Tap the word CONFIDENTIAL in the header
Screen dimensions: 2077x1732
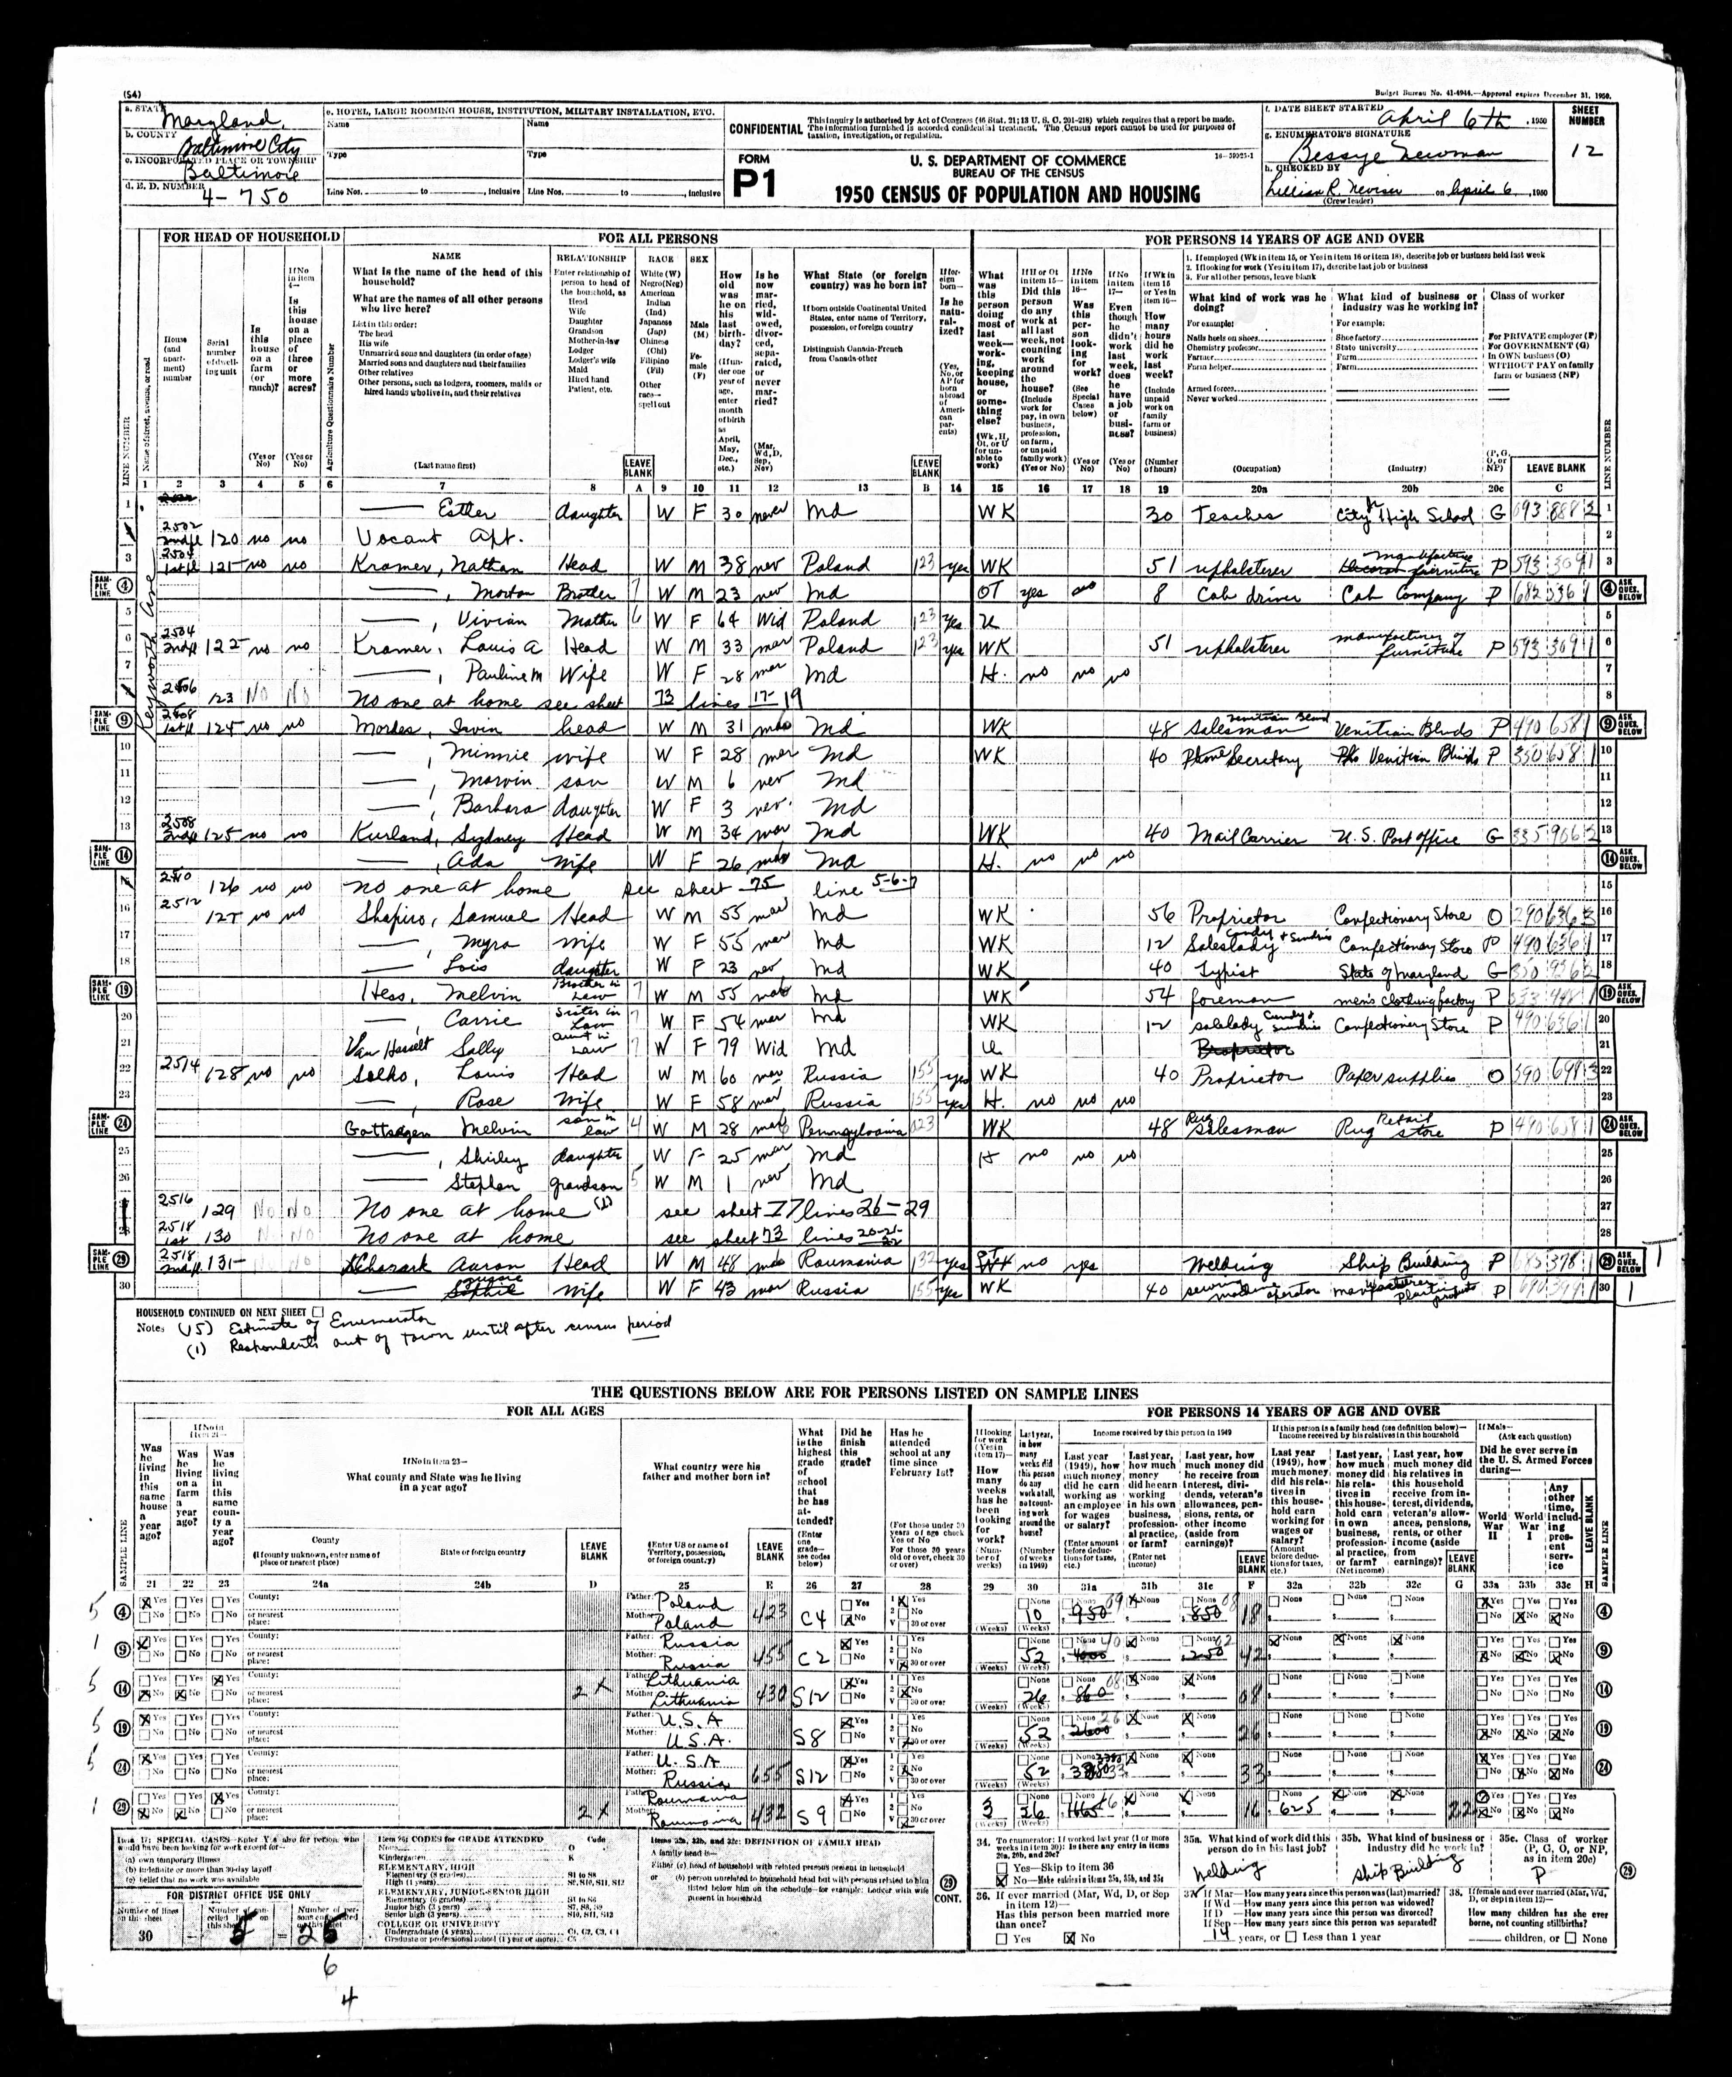[x=764, y=128]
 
